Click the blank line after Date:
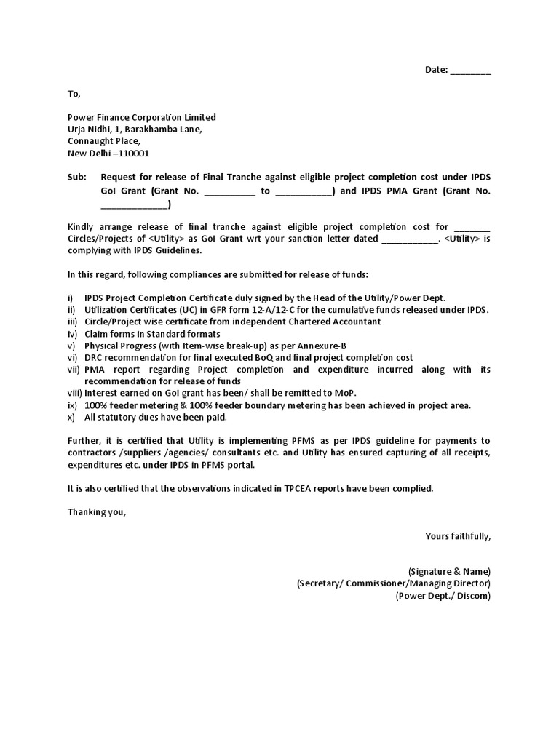pyautogui.click(x=471, y=71)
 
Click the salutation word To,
pyautogui.click(x=74, y=94)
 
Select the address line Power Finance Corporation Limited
pyautogui.click(x=142, y=117)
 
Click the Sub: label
pyautogui.click(x=76, y=177)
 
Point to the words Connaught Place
pyautogui.click(x=103, y=141)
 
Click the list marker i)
pyautogui.click(x=71, y=298)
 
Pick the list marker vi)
pyautogui.click(x=73, y=358)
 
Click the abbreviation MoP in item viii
pyautogui.click(x=344, y=394)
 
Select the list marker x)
pyautogui.click(x=72, y=418)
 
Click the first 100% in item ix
pyautogui.click(x=96, y=405)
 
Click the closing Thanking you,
pyautogui.click(x=97, y=512)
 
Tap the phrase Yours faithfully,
pyautogui.click(x=458, y=536)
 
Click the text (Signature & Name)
pyautogui.click(x=449, y=571)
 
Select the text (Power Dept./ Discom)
pyautogui.click(x=443, y=595)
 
